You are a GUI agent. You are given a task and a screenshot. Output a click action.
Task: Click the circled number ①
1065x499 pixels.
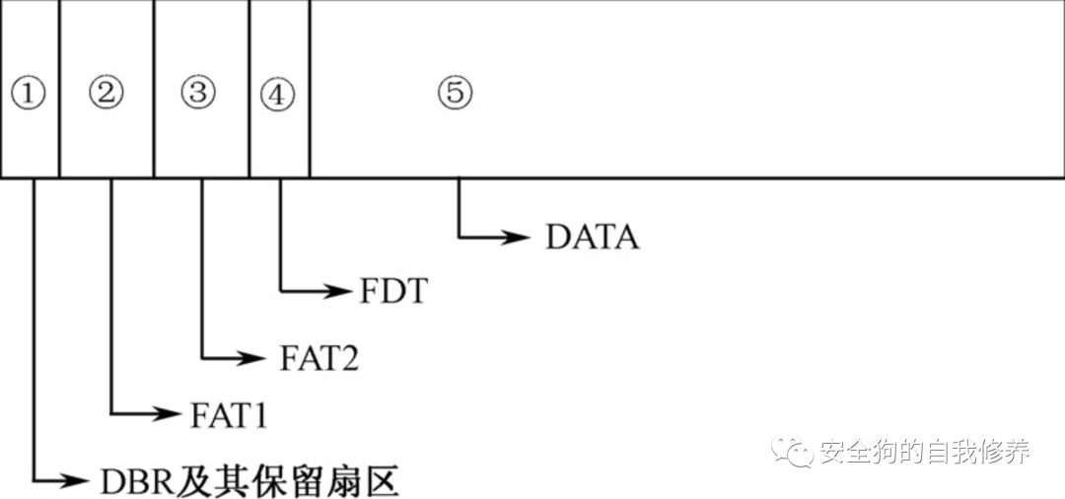point(29,95)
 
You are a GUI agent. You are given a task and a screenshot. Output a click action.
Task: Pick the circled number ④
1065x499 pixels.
point(278,95)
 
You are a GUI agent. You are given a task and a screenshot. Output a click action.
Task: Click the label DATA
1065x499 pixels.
point(592,237)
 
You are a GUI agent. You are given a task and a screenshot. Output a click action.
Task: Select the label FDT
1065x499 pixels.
point(390,292)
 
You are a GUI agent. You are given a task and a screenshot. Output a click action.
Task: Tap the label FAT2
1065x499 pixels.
point(319,358)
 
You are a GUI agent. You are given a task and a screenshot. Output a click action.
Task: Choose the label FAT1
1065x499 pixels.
point(228,414)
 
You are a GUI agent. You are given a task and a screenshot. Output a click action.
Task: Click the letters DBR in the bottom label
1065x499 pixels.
point(137,481)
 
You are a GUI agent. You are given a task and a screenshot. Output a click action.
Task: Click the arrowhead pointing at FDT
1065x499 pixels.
point(340,291)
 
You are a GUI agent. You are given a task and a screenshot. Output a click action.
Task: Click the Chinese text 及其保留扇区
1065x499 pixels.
point(287,481)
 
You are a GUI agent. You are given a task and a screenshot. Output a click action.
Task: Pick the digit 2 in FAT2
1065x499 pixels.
point(347,358)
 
